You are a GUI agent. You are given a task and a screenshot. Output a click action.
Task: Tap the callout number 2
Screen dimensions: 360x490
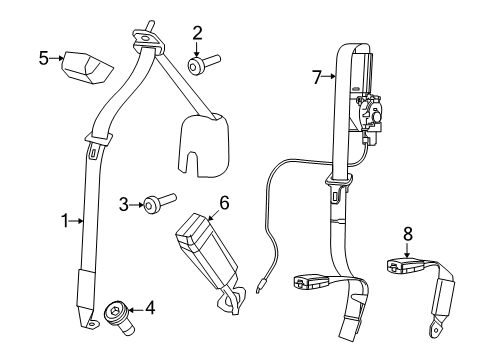197,32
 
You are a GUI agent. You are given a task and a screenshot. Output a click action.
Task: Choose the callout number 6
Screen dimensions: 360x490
224,203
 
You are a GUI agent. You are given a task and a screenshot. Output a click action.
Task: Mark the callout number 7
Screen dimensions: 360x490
317,77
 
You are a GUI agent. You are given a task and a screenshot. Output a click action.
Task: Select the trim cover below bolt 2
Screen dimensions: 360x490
205,143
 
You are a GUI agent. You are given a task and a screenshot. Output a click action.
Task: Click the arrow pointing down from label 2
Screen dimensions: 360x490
197,47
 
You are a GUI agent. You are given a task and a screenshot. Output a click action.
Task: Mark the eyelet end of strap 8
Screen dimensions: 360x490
438,326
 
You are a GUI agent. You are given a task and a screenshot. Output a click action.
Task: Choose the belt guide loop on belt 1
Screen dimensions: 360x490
98,137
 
